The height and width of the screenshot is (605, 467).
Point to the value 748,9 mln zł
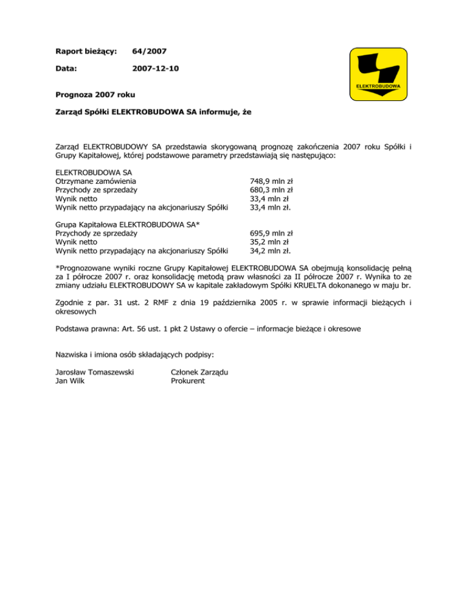tap(272, 181)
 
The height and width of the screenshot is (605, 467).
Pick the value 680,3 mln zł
tap(272, 189)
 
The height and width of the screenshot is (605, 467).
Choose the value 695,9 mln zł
tap(272, 233)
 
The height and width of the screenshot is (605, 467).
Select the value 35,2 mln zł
tap(269, 241)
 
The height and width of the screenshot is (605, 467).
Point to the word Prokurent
tap(189, 381)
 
